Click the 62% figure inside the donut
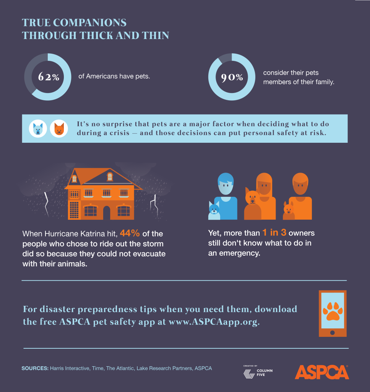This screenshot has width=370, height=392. pos(49,77)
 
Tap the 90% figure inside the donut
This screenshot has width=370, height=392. pos(232,77)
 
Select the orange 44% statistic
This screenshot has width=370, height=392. pos(131,233)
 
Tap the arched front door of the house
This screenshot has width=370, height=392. pos(106,212)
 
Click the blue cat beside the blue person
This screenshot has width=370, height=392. pos(214,211)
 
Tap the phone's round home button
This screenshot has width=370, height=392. pos(332,333)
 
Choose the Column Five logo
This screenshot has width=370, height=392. pos(258,372)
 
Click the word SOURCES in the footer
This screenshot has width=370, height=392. pos(35,368)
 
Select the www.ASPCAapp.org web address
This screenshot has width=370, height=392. pos(214,322)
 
